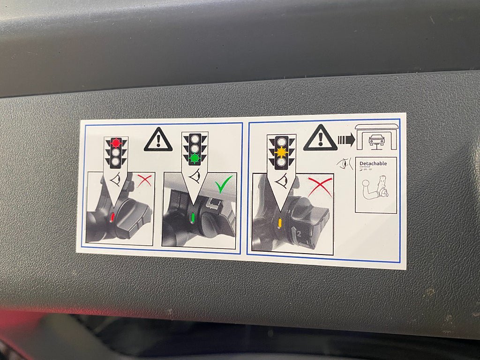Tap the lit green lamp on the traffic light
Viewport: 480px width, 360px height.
point(195,158)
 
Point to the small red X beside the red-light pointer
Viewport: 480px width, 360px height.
point(144,180)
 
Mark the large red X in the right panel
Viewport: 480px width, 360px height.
point(320,187)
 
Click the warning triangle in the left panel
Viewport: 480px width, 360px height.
point(158,140)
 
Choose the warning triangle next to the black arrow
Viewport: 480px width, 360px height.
point(320,139)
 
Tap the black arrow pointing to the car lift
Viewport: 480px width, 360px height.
point(346,140)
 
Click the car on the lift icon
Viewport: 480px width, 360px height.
point(377,139)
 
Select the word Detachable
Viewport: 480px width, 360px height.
point(374,164)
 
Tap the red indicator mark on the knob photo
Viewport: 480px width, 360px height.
point(112,217)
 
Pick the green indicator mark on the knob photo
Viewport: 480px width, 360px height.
point(192,218)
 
